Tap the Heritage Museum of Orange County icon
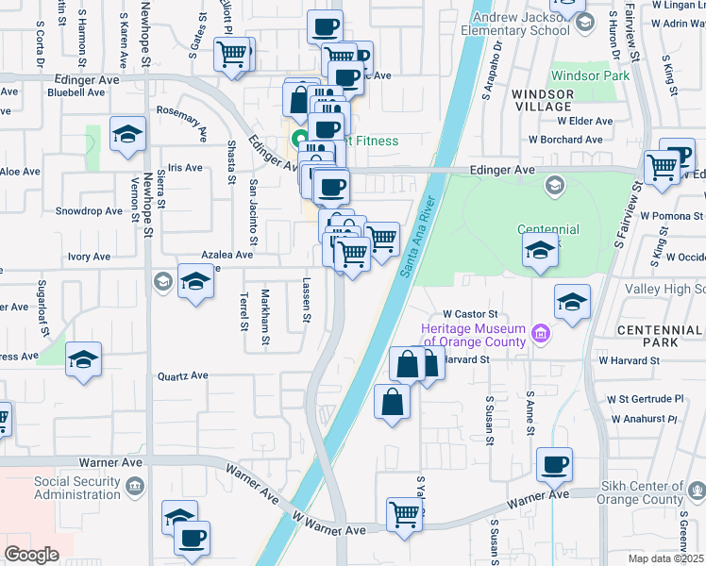coord(541,332)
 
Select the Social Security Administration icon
coord(134,487)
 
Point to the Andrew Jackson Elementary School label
coord(514,23)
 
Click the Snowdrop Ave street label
coord(89,211)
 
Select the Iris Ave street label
coord(184,168)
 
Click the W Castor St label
coord(469,313)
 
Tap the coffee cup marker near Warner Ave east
coord(554,464)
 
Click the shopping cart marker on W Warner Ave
coord(404,515)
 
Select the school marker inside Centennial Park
coord(540,251)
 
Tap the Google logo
coord(31,554)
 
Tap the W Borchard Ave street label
coord(571,139)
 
